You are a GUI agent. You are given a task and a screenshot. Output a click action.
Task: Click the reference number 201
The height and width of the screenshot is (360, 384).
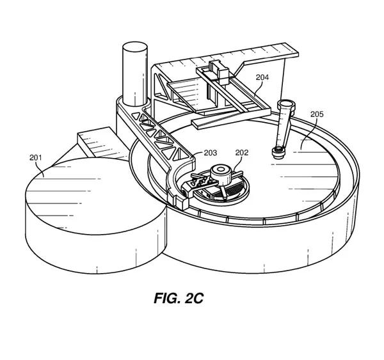coord(36,158)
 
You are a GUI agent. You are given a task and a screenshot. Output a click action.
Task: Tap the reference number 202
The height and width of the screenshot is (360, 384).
coord(242,153)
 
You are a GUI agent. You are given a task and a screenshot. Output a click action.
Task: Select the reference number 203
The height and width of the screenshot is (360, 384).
coord(211,153)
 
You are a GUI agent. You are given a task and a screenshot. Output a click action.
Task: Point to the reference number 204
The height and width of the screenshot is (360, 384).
coord(262,77)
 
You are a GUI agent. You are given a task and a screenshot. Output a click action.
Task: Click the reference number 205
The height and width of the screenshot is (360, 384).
coord(317,114)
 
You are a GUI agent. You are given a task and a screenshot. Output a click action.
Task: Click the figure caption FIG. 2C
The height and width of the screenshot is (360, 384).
coord(179,299)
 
